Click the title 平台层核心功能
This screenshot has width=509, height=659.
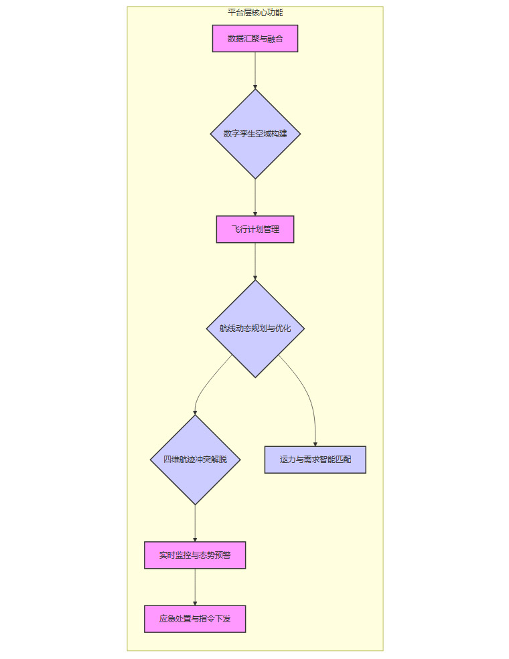click(x=255, y=13)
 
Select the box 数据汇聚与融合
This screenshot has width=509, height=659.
click(x=255, y=39)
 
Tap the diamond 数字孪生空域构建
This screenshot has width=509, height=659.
click(x=255, y=134)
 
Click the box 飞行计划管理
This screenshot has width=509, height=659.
click(x=255, y=229)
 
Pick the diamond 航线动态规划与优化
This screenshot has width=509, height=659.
click(x=255, y=328)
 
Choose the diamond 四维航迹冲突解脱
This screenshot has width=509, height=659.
click(x=195, y=460)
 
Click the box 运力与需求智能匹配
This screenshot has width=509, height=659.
click(x=315, y=460)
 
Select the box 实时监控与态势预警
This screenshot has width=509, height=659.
click(x=195, y=555)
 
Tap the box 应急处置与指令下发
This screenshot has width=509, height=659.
click(x=195, y=619)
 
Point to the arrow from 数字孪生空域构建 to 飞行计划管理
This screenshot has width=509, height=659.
click(x=255, y=197)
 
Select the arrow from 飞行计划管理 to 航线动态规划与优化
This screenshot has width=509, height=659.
click(x=255, y=260)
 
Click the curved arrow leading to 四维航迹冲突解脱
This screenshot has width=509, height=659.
click(x=207, y=385)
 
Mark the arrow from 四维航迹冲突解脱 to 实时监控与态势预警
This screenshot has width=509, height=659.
click(x=195, y=523)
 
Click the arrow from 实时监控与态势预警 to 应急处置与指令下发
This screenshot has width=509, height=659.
click(x=195, y=587)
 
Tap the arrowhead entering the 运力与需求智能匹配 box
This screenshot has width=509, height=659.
click(x=315, y=443)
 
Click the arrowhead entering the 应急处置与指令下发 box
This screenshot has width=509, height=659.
click(x=195, y=603)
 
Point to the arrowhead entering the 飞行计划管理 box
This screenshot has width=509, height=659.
click(x=255, y=213)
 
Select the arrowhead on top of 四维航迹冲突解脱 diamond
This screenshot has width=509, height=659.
click(x=195, y=412)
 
